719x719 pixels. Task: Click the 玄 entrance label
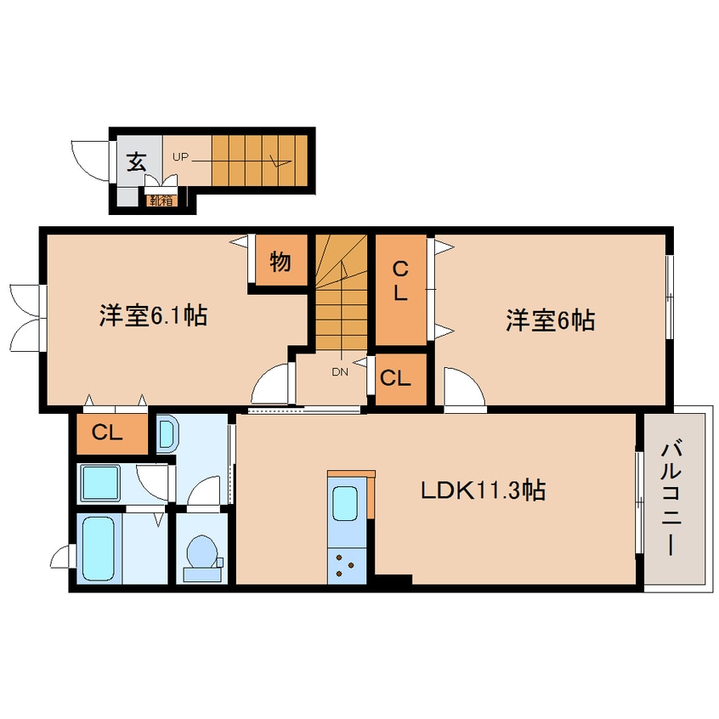click(x=137, y=161)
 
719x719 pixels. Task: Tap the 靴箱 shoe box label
click(x=161, y=201)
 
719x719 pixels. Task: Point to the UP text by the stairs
click(x=180, y=157)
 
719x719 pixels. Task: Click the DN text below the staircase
click(x=340, y=372)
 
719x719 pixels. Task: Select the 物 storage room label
click(x=280, y=262)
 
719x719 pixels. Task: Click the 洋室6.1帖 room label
click(x=153, y=315)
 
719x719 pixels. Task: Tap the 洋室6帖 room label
click(x=550, y=320)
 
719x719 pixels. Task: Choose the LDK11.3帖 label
click(x=484, y=490)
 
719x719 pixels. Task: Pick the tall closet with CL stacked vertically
click(x=401, y=290)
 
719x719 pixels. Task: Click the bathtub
click(x=99, y=548)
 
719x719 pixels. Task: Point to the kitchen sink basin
click(x=345, y=504)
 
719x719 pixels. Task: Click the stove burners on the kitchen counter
click(x=346, y=566)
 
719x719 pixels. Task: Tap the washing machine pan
click(x=100, y=484)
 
